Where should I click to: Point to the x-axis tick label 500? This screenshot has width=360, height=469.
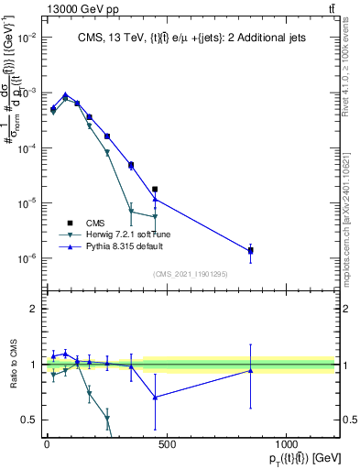(x=167, y=443)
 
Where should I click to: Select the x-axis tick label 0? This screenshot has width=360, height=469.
(x=47, y=443)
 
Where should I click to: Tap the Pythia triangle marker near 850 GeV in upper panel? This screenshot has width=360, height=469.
(x=251, y=250)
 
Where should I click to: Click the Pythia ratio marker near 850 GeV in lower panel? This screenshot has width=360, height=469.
(x=251, y=370)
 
